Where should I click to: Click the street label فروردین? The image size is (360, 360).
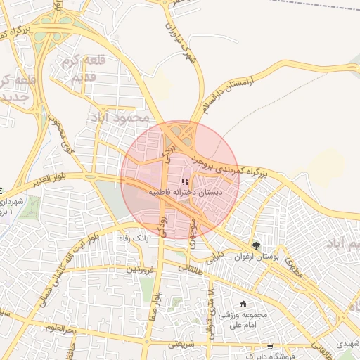[139, 269]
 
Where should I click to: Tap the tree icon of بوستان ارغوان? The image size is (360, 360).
[256, 245]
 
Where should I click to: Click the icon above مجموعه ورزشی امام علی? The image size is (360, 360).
[243, 304]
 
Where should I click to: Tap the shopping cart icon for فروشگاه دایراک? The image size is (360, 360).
[270, 347]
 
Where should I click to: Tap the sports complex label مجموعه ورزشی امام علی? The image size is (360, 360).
[243, 320]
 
